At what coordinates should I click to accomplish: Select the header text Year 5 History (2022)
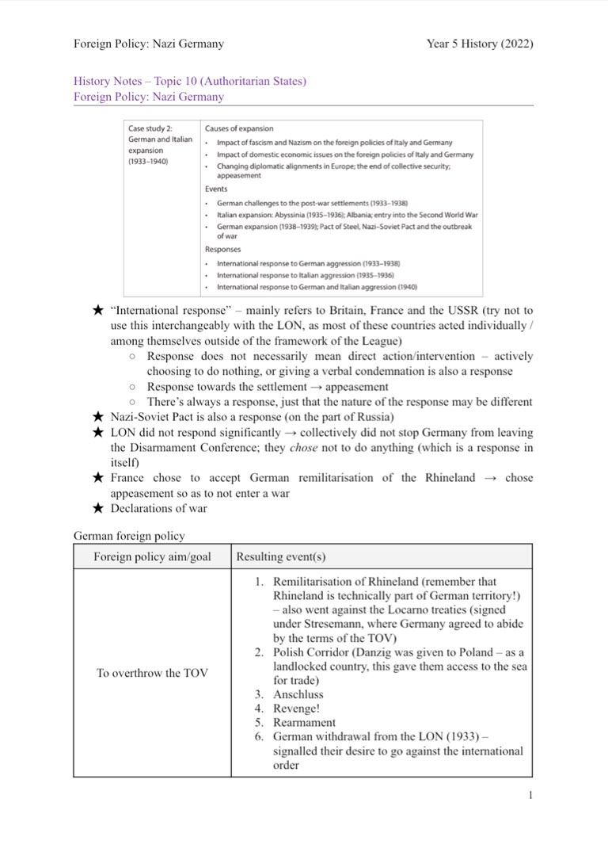[480, 44]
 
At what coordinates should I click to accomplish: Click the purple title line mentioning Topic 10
[189, 81]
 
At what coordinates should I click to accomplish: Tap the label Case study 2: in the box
[150, 128]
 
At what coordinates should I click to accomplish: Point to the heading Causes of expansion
[239, 128]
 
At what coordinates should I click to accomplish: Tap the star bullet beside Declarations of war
[98, 509]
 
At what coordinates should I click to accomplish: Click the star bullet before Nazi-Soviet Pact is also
[98, 418]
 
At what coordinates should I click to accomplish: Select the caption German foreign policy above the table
[129, 537]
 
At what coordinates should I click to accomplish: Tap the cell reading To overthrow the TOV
[152, 673]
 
